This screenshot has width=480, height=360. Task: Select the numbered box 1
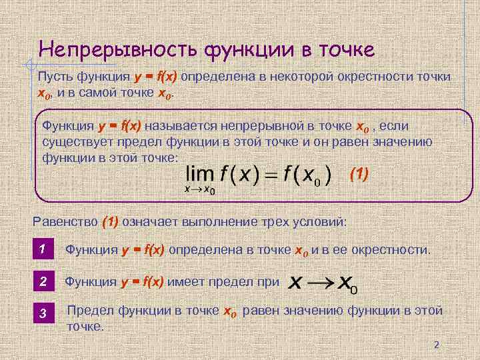pyautogui.click(x=42, y=249)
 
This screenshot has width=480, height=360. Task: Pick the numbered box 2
pyautogui.click(x=42, y=282)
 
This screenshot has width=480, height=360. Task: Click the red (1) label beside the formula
pyautogui.click(x=359, y=175)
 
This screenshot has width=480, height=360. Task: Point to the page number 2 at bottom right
pyautogui.click(x=437, y=345)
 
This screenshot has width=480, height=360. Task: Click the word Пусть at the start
pyautogui.click(x=55, y=77)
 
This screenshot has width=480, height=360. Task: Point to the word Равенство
pyautogui.click(x=65, y=221)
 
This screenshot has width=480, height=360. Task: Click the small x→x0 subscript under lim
pyautogui.click(x=200, y=190)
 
